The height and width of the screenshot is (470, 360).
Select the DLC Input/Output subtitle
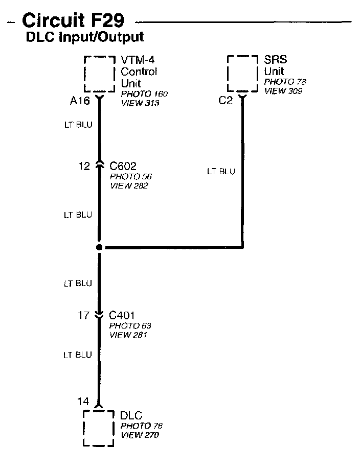click(x=85, y=37)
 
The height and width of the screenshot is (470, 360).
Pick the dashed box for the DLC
click(x=99, y=428)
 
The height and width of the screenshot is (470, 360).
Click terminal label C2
click(x=226, y=101)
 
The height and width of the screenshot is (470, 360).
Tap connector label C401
click(x=122, y=315)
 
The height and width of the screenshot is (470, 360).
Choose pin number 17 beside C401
click(x=84, y=315)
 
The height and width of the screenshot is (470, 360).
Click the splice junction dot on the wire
click(x=99, y=248)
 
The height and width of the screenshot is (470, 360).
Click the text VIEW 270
click(x=140, y=435)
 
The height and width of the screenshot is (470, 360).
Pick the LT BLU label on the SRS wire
click(x=221, y=172)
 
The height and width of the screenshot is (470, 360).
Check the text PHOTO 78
click(x=285, y=82)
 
